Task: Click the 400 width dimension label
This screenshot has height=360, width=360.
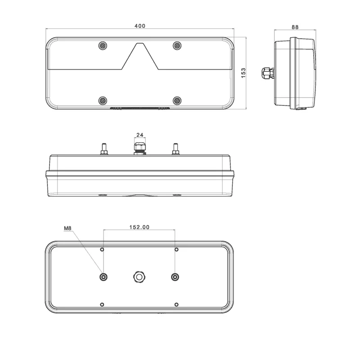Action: pos(139,26)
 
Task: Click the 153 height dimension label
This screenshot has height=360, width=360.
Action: pos(243,74)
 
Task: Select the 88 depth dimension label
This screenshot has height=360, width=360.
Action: pos(295,27)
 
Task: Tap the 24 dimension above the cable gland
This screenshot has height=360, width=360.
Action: pos(139,135)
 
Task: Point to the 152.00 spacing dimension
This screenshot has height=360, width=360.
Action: pos(139,227)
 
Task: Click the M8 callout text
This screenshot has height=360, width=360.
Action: pos(68,229)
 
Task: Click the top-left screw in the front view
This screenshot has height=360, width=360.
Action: pos(103,45)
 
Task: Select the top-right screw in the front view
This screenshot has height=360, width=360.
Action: pos(177,45)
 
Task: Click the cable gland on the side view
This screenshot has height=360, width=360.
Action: pos(266,72)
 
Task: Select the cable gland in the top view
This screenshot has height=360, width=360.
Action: pos(139,148)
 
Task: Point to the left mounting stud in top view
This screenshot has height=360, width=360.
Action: pos(104,148)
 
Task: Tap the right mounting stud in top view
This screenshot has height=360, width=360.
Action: pos(175,148)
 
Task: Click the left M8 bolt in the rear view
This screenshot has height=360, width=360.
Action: pos(104,277)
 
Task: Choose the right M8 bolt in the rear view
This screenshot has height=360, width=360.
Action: pos(175,277)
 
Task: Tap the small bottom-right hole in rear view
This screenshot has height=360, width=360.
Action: pos(176,305)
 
